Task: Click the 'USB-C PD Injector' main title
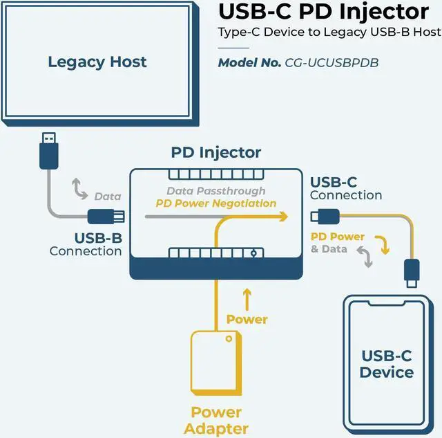coord(323,12)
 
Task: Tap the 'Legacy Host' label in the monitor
coord(97,62)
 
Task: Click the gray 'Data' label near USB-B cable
coord(107,197)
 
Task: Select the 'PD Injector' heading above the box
coord(216,152)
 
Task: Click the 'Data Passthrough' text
coord(215,190)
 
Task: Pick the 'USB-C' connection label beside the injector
coord(334,182)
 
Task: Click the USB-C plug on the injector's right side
coord(324,217)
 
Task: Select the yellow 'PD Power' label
coord(337,237)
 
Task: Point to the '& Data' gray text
coord(329,248)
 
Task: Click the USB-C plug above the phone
coord(412,273)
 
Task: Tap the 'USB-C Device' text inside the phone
coord(387,364)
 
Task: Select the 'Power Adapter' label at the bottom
coord(215,419)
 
